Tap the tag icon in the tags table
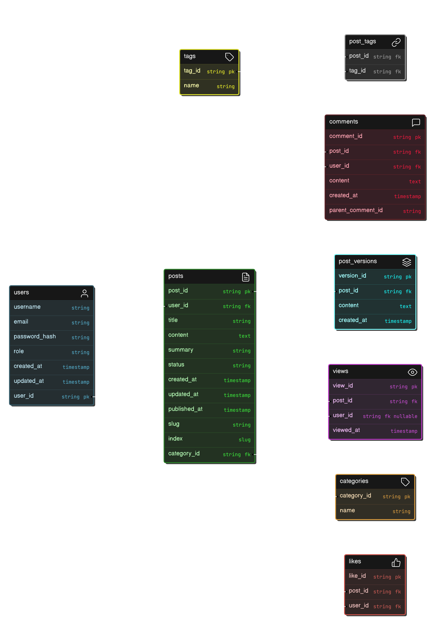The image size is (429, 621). point(229,57)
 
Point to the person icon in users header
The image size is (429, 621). point(84,293)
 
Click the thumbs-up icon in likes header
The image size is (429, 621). point(396,562)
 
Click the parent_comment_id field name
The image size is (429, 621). point(356,210)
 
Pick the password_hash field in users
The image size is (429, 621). point(35,337)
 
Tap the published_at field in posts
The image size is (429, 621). point(185,409)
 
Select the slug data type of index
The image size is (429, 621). point(244,439)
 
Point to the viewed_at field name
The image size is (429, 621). point(346,430)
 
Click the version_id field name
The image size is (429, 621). point(352,276)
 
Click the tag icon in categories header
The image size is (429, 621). point(405,482)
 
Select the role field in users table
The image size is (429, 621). point(19,351)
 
